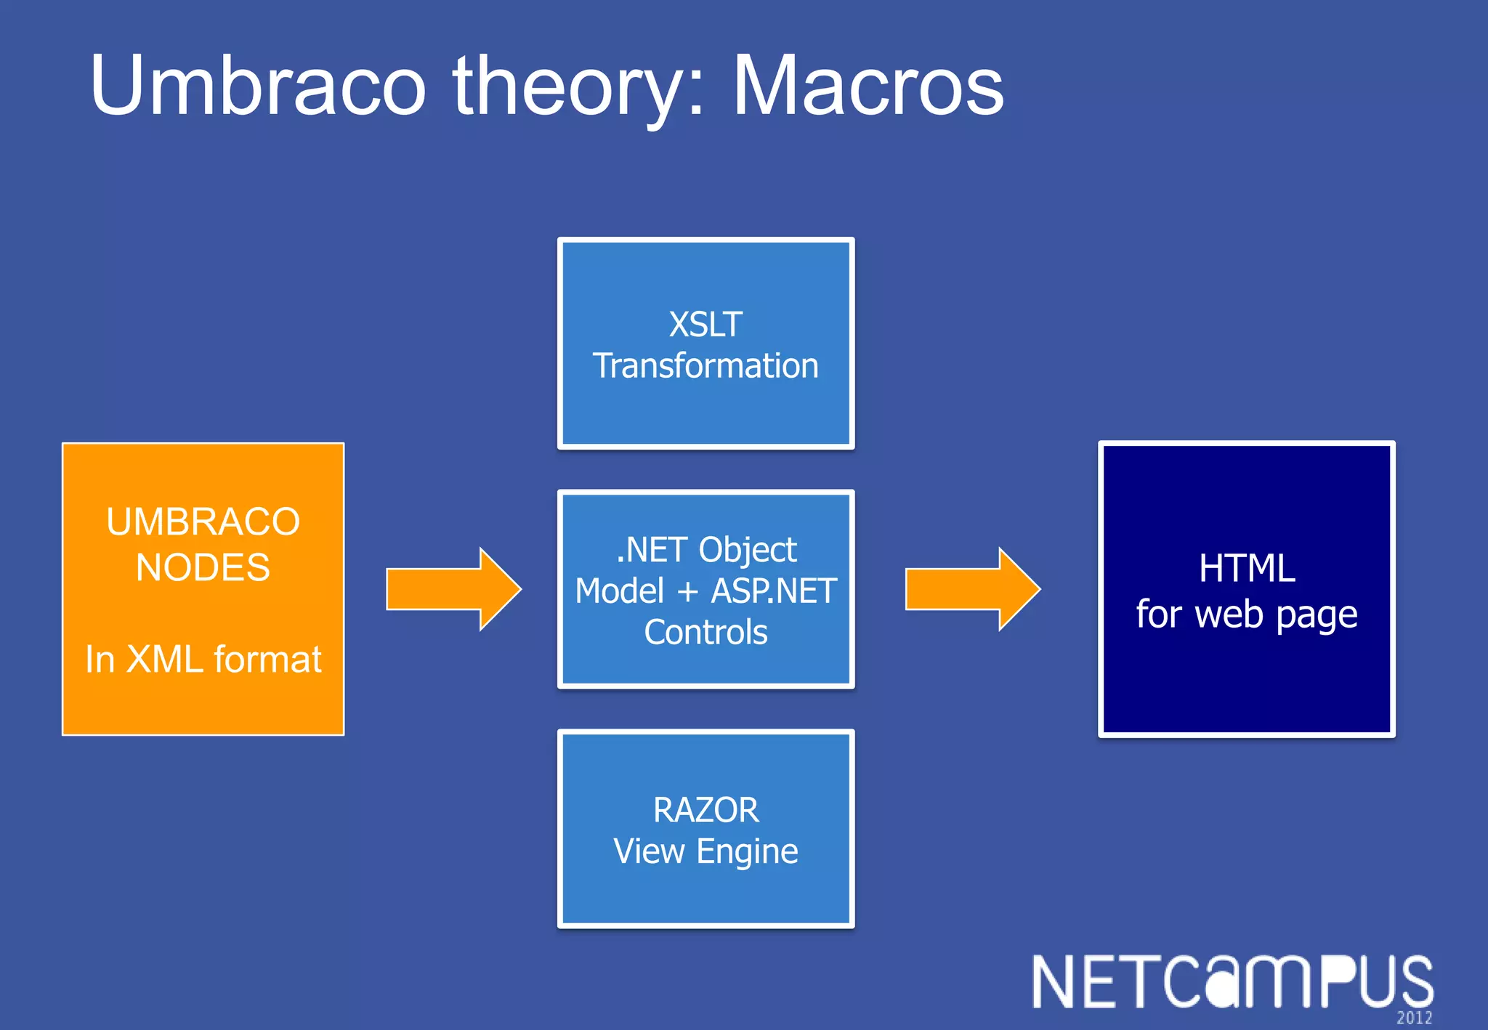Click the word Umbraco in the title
[x=258, y=86]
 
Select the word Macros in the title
[x=868, y=86]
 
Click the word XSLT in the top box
[x=705, y=324]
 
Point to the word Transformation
[x=705, y=365]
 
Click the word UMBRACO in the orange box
[x=203, y=522]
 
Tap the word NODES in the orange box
[x=203, y=567]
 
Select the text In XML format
[x=203, y=660]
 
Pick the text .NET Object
[x=705, y=550]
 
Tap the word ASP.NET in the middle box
[x=774, y=591]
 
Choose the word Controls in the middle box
[x=705, y=632]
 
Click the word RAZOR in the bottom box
[x=705, y=810]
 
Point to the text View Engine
[x=705, y=851]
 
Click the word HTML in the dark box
[x=1247, y=568]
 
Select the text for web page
[x=1247, y=615]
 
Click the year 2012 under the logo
[x=1414, y=1018]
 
